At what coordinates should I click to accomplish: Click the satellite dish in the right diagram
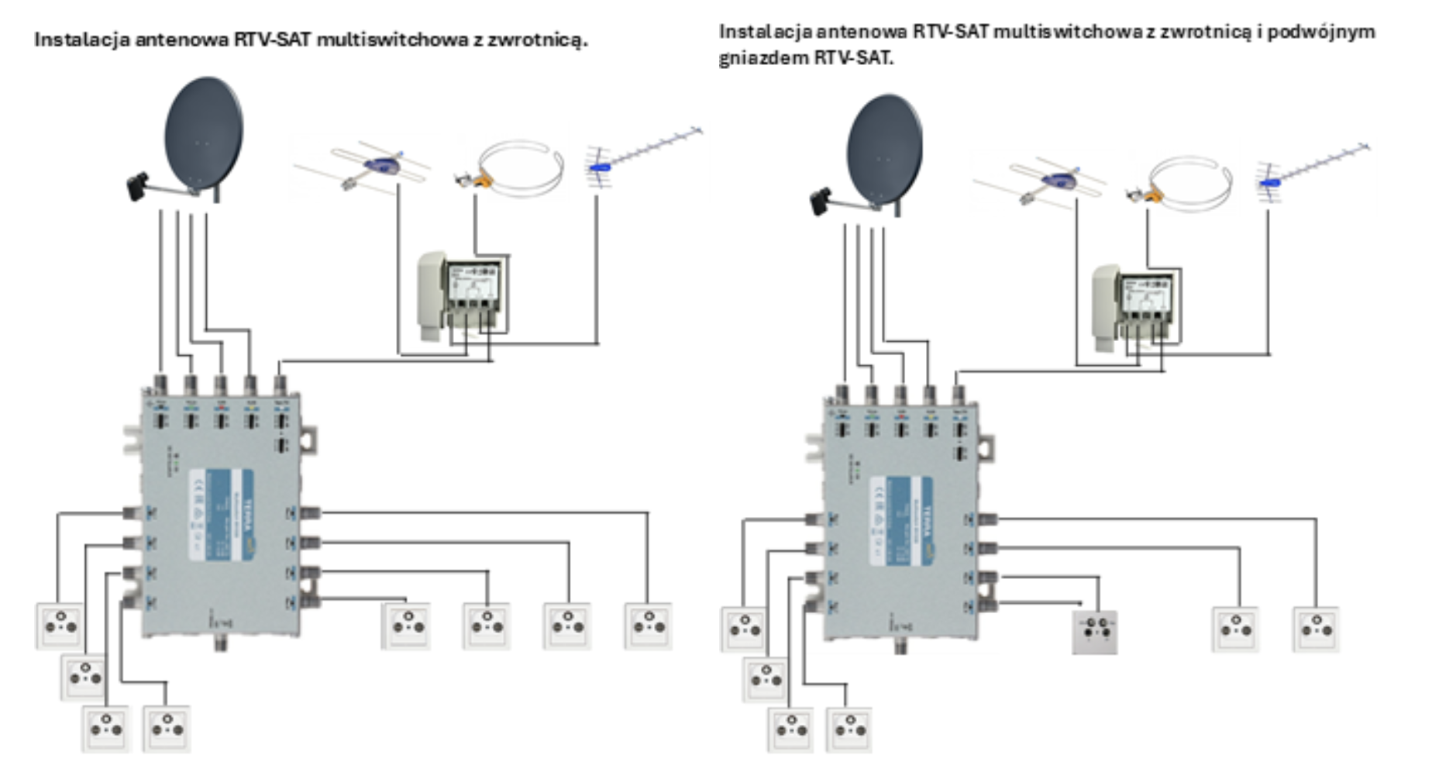[x=884, y=151]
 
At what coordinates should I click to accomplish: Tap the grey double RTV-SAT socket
[x=1095, y=632]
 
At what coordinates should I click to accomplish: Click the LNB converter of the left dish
[x=139, y=187]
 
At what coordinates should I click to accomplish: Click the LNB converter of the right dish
[x=821, y=202]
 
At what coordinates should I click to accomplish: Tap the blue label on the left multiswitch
[x=221, y=515]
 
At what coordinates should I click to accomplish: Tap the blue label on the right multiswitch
[x=901, y=521]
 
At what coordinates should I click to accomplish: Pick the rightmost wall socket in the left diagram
[x=648, y=626]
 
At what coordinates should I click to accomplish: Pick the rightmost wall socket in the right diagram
[x=1316, y=629]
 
